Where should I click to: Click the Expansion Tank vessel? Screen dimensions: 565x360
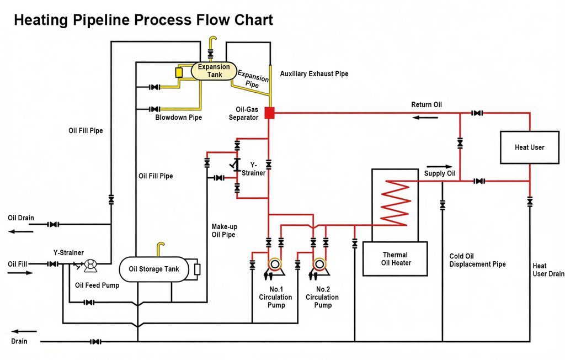[214, 71]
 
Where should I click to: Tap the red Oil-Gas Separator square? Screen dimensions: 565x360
[269, 113]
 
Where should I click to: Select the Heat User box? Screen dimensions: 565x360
[529, 147]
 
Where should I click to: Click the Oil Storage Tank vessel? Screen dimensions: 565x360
[154, 269]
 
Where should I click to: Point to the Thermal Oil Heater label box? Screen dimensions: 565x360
[395, 259]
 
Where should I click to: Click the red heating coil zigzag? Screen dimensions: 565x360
[395, 203]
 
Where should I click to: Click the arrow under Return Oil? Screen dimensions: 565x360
[425, 118]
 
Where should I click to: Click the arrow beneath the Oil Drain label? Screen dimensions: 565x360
[21, 231]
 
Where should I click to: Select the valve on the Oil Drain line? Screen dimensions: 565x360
[54, 224]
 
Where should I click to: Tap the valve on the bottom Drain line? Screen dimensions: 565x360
[95, 342]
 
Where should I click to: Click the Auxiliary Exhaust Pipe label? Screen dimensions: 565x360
[314, 74]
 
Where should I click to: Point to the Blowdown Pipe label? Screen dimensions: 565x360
[178, 118]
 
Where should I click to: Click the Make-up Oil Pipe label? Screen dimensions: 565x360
[224, 230]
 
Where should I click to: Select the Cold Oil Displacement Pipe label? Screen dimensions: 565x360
[477, 260]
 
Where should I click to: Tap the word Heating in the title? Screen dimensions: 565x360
[41, 20]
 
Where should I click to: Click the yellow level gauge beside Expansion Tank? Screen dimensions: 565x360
[179, 72]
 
